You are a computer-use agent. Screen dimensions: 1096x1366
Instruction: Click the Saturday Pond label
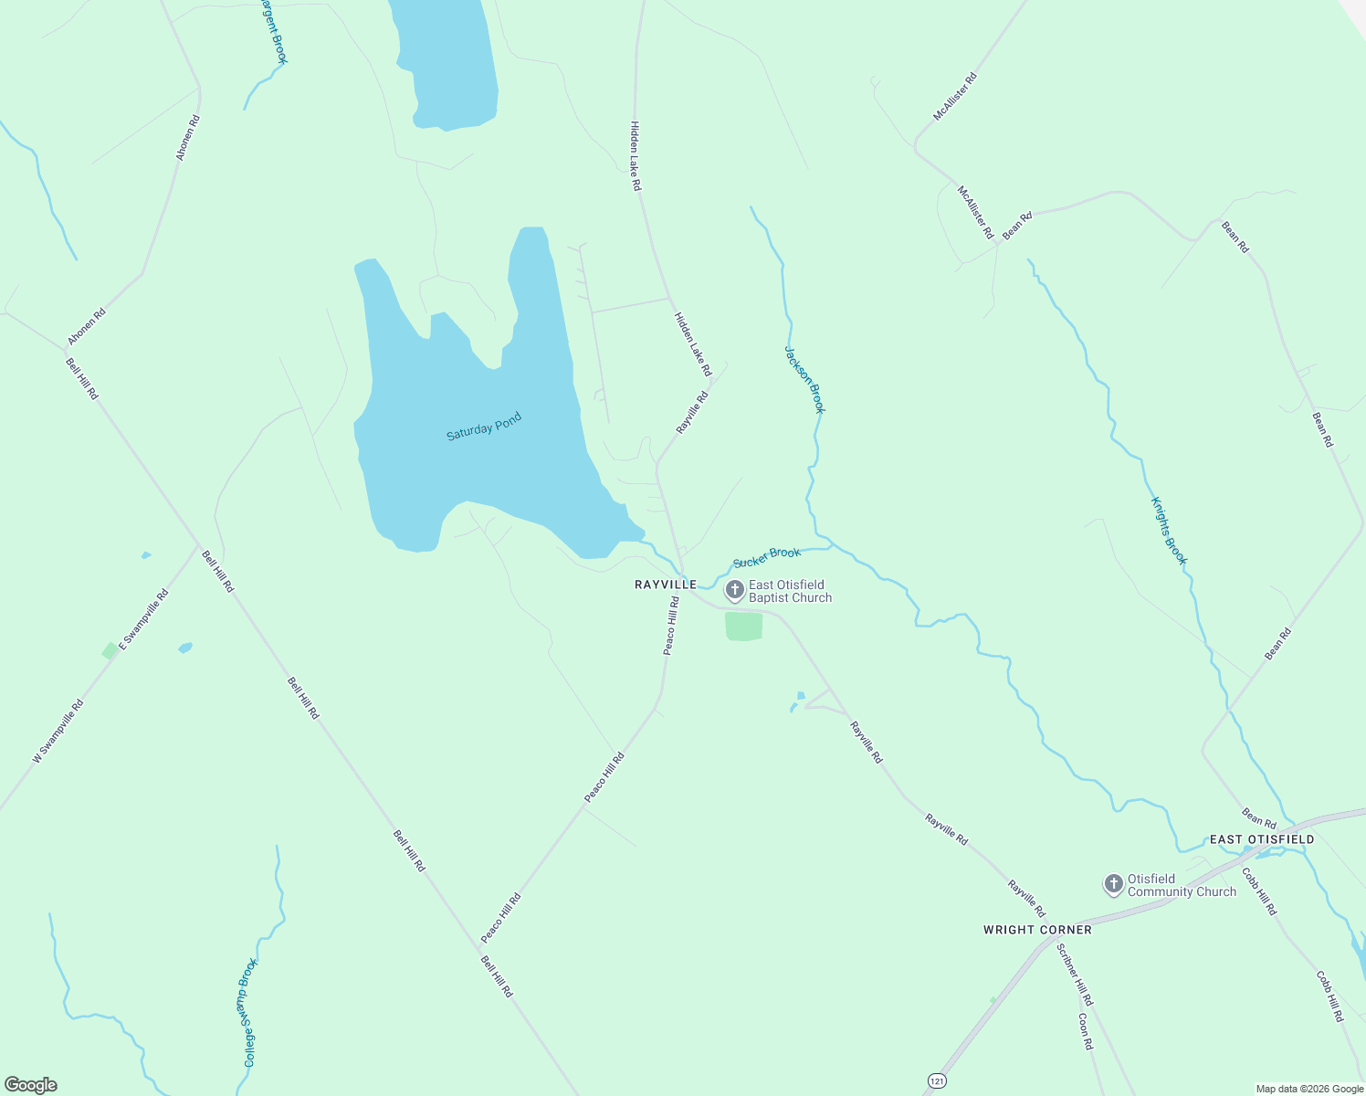point(483,427)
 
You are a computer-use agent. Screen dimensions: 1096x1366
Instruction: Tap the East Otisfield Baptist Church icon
point(734,591)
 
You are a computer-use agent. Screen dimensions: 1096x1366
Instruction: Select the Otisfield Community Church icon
point(1113,884)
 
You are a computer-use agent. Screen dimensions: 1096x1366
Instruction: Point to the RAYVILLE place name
point(666,585)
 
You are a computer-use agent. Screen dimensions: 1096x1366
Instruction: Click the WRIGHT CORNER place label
point(1037,930)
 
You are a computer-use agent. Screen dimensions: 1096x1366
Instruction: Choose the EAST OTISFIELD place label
point(1262,839)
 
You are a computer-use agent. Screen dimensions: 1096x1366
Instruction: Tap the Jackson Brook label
point(804,379)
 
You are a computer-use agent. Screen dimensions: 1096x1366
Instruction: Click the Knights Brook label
point(1169,531)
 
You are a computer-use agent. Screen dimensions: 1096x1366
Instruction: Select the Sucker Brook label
point(767,556)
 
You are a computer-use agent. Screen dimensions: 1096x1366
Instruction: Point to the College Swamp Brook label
point(249,1012)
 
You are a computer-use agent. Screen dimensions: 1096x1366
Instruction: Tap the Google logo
point(31,1085)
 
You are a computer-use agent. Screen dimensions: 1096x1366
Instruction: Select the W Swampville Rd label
point(58,731)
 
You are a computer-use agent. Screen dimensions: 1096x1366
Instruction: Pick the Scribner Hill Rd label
point(1075,975)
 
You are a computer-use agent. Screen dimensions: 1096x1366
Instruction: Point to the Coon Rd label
point(1085,1031)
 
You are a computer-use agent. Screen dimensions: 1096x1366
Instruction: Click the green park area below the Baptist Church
point(744,627)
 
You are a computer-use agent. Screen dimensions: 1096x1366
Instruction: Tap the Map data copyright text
point(1308,1089)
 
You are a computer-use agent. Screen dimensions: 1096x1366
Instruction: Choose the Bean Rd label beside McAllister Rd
point(1017,226)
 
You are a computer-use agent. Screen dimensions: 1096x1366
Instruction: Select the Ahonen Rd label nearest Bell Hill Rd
point(87,326)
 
